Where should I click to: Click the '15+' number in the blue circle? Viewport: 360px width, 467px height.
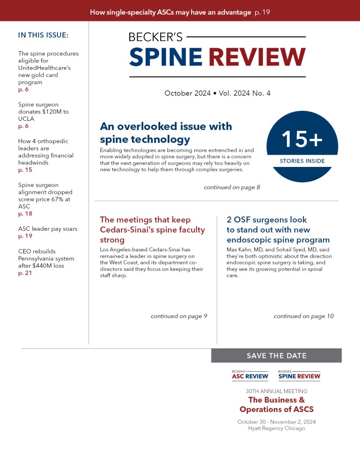(x=302, y=139)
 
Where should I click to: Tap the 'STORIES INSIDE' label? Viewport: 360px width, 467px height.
(x=302, y=161)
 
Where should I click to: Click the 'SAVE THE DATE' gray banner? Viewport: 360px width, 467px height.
(x=276, y=356)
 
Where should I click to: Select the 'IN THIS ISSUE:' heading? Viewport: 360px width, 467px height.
(x=43, y=35)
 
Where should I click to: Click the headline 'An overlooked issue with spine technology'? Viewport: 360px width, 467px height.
(x=166, y=132)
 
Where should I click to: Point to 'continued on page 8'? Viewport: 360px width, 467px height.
(x=232, y=187)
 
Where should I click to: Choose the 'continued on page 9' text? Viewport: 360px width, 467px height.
(x=179, y=316)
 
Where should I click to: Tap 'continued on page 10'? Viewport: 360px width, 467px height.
(x=303, y=316)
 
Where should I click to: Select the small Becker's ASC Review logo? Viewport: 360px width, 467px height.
(x=250, y=375)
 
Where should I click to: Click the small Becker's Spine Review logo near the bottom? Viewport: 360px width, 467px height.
(x=299, y=375)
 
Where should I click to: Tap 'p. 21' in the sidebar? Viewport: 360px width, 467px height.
(x=26, y=273)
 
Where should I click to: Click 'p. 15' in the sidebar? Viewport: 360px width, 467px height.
(x=26, y=170)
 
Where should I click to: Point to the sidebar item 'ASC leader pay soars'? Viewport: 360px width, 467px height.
(x=48, y=229)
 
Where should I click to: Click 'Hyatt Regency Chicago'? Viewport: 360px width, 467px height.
(x=277, y=428)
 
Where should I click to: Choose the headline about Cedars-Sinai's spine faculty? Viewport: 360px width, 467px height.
(x=152, y=230)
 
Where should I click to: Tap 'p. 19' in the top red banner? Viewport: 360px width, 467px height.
(x=262, y=12)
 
